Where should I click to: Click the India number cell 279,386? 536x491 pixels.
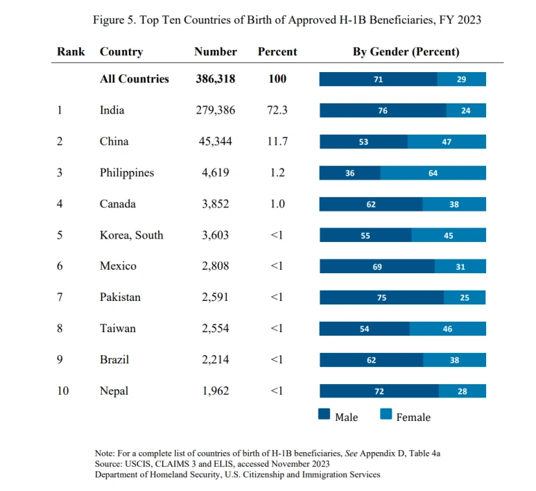215,110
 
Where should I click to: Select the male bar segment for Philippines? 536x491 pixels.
349,173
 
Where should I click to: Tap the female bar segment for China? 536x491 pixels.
447,141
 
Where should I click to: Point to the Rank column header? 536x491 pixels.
71,52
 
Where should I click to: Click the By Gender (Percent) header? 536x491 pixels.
406,52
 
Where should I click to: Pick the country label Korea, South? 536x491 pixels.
132,235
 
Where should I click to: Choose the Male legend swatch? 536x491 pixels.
324,415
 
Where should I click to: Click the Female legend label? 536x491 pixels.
413,417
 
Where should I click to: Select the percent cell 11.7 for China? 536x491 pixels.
277,141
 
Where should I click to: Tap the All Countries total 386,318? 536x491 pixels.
215,79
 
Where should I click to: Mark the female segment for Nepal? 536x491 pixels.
462,391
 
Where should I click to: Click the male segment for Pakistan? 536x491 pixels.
381,298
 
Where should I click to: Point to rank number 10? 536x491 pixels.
63,391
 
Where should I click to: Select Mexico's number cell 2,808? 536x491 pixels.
215,266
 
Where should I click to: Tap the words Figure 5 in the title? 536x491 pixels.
114,20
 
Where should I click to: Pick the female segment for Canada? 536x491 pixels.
454,204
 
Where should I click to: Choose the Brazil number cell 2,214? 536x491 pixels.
215,360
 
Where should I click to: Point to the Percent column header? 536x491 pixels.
277,52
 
